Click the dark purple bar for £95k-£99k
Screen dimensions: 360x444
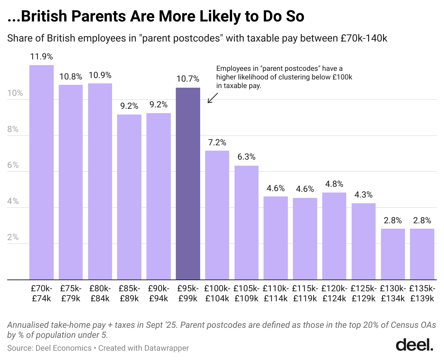point(188,184)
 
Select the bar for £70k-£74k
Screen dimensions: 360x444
point(42,172)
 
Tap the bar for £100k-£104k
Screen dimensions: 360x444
point(217,215)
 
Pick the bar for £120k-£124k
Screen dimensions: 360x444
point(334,236)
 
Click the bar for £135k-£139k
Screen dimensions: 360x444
point(422,254)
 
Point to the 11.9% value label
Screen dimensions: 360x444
point(42,57)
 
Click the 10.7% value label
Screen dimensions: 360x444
point(188,79)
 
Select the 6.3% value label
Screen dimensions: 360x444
point(246,157)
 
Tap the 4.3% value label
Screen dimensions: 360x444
point(363,195)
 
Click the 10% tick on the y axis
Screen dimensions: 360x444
point(15,93)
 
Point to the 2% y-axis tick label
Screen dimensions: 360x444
point(13,238)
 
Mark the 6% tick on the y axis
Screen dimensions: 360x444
point(13,165)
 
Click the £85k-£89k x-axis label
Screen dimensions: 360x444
point(129,293)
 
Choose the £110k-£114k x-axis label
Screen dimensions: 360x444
point(276,293)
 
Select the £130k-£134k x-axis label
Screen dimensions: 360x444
point(393,293)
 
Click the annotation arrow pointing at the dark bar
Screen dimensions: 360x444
point(213,98)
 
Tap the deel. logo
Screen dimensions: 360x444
point(414,345)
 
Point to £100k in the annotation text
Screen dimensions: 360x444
point(342,77)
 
